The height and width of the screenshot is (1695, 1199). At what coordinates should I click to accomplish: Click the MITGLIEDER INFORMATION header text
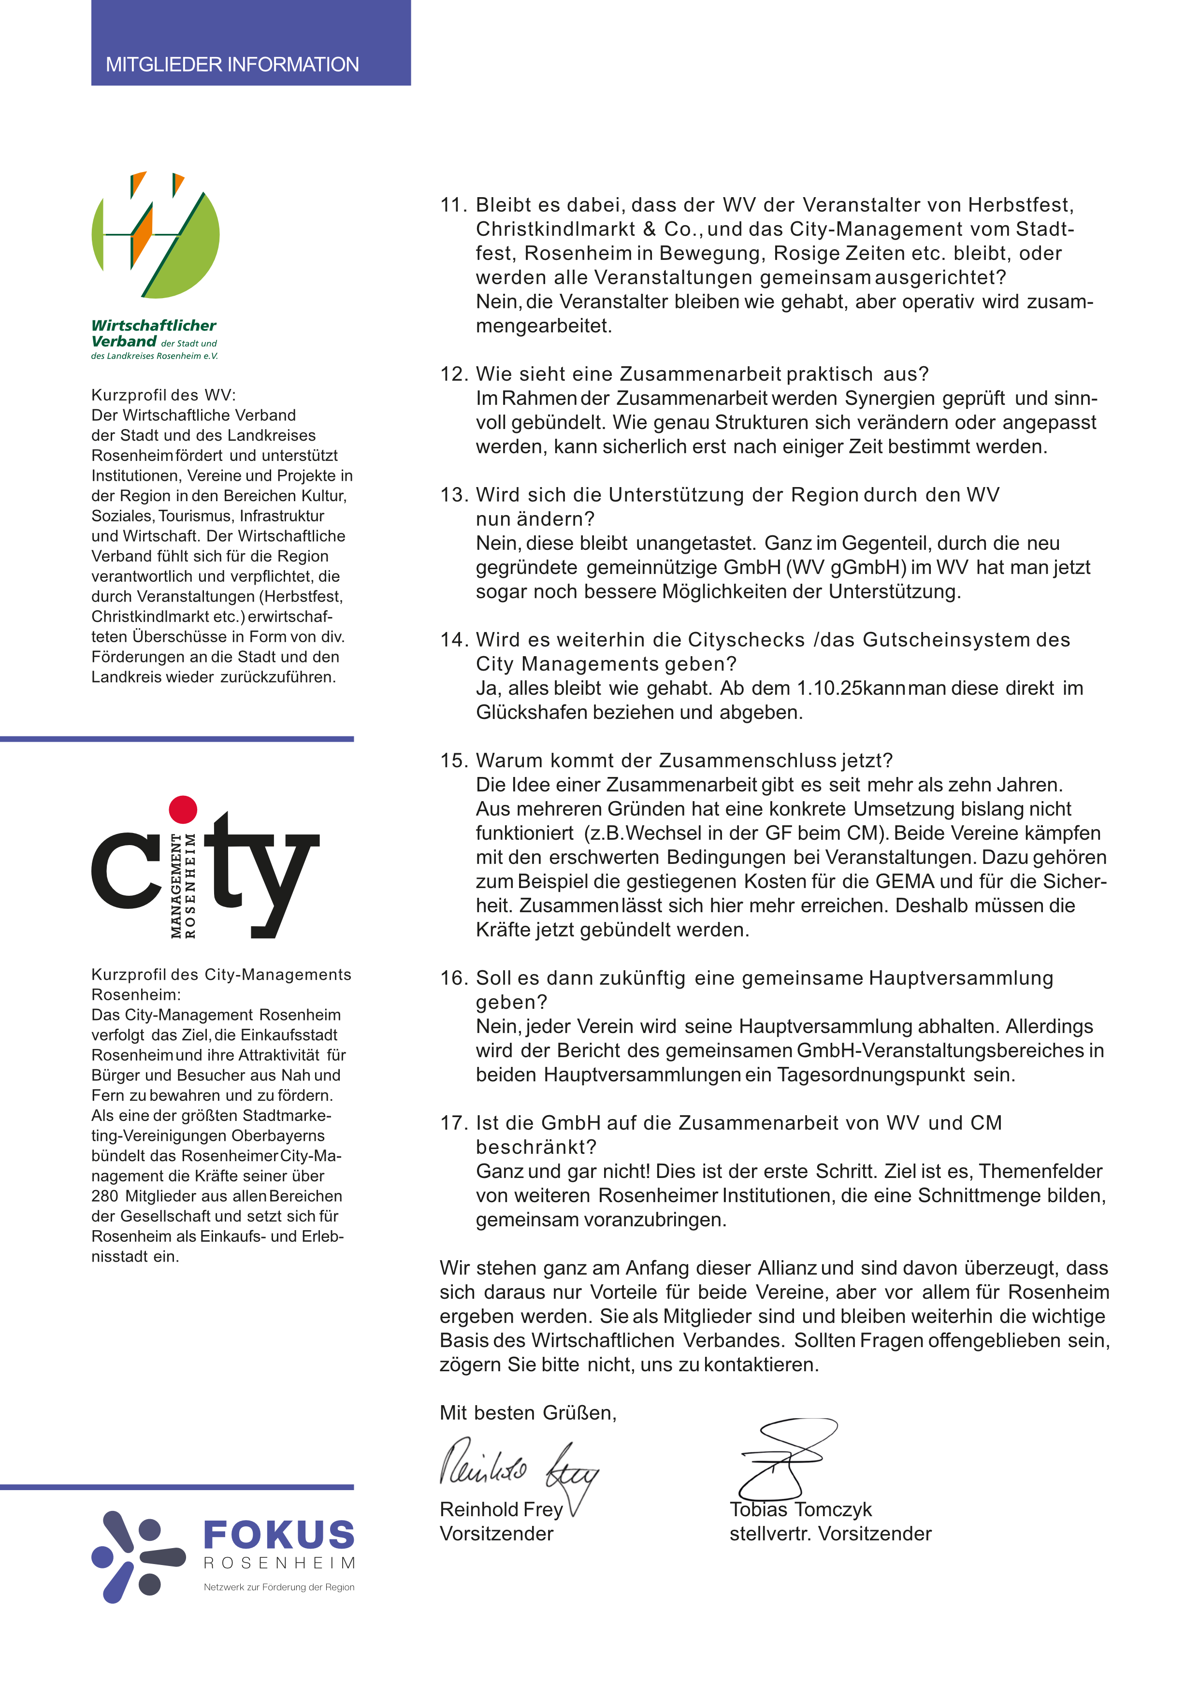click(232, 64)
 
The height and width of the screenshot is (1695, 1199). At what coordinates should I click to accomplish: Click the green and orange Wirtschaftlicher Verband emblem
click(156, 235)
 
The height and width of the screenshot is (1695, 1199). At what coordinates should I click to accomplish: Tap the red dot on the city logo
click(183, 809)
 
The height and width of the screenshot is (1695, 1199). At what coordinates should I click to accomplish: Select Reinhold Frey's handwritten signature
click(517, 1466)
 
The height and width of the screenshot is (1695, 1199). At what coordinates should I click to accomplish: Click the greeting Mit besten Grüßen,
click(527, 1412)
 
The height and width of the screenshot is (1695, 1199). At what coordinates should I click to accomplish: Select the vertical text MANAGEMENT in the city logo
click(176, 886)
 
